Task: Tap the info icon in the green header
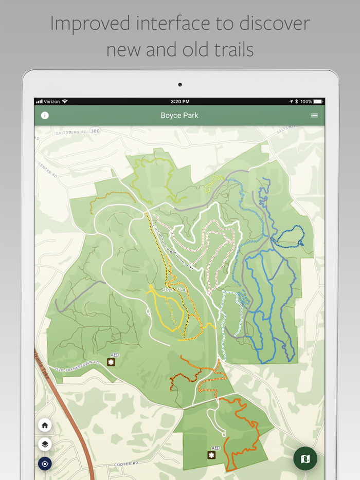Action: point(45,116)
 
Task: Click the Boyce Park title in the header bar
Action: point(179,116)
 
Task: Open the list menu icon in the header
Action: point(314,116)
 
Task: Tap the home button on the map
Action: point(45,425)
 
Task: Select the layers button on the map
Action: point(45,445)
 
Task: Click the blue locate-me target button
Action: point(45,464)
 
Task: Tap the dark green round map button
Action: point(305,458)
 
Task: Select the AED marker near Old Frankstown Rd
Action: point(111,362)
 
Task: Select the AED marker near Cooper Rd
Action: point(211,455)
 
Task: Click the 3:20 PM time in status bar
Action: point(179,102)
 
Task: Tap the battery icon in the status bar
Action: point(318,102)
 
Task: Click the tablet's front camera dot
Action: point(180,85)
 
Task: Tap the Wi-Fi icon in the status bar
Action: point(65,102)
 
